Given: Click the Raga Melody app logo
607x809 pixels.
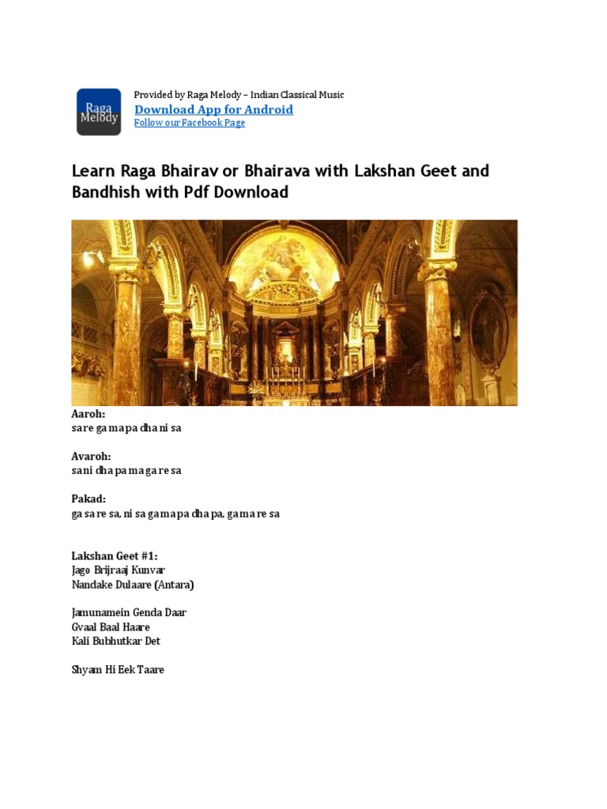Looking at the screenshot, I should tap(99, 111).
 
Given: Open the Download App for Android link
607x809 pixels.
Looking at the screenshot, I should tap(213, 110).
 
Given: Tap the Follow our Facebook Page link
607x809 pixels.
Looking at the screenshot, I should tap(190, 123).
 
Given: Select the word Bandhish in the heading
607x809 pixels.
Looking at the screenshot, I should tap(101, 192).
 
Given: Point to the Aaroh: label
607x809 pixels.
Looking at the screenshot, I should tap(89, 414).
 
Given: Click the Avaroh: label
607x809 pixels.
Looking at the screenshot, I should tap(91, 457).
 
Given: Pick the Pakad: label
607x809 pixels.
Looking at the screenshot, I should tap(89, 499).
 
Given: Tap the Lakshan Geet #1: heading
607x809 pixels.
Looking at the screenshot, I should tap(115, 556).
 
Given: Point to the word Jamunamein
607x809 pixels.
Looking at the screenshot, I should tap(97, 613).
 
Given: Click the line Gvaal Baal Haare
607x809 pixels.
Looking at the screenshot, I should tap(111, 627).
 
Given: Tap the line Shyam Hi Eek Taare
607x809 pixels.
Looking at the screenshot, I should tap(118, 670).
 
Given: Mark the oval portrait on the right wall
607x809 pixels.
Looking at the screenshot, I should tap(488, 329).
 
